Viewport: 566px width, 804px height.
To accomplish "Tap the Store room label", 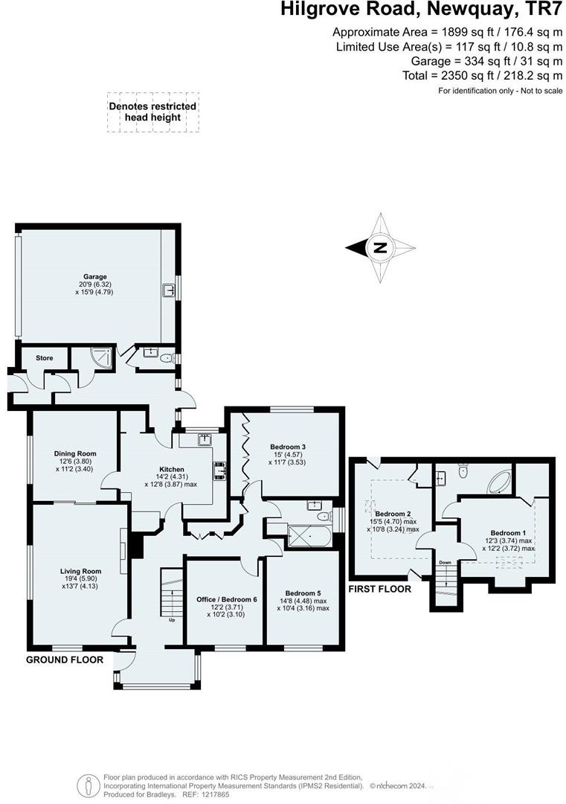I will coord(45,358).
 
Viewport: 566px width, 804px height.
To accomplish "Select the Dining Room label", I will coord(75,453).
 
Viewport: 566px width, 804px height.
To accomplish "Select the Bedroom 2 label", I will coord(393,514).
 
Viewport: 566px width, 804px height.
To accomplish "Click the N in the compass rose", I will coord(380,248).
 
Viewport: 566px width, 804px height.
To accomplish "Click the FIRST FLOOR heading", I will coord(380,588).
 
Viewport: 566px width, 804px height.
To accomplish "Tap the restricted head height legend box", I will coord(152,112).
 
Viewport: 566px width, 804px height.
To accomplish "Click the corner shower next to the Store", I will coord(103,357).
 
